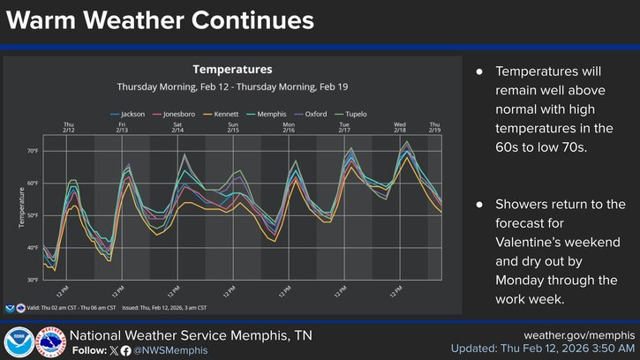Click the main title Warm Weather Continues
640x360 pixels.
[x=160, y=19]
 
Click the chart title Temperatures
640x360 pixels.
[x=232, y=69]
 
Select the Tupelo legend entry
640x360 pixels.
[x=353, y=115]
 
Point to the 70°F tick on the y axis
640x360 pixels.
[x=33, y=151]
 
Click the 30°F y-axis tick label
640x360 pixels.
[x=33, y=280]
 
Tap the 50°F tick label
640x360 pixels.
[x=33, y=215]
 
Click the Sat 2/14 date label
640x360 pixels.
[x=177, y=127]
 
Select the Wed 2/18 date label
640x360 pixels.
[x=399, y=127]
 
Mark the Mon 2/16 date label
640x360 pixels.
[x=289, y=127]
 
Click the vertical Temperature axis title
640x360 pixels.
[x=21, y=207]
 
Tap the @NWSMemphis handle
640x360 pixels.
[x=171, y=350]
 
